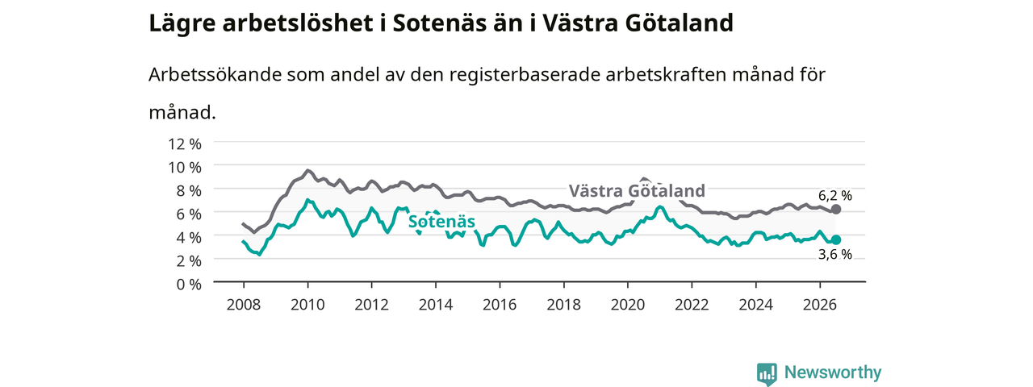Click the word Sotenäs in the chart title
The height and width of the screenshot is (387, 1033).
pyautogui.click(x=439, y=23)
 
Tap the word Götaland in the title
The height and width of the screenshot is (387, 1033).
pyautogui.click(x=679, y=23)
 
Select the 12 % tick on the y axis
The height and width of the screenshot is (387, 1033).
pyautogui.click(x=185, y=144)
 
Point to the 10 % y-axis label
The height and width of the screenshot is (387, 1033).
pyautogui.click(x=185, y=168)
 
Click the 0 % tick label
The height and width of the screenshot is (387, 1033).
pyautogui.click(x=189, y=285)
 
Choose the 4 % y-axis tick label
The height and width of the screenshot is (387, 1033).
pyautogui.click(x=189, y=238)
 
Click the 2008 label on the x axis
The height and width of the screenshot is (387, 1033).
pyautogui.click(x=244, y=305)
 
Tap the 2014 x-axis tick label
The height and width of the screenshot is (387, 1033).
pyautogui.click(x=435, y=305)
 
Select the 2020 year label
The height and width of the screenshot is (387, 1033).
pyautogui.click(x=628, y=305)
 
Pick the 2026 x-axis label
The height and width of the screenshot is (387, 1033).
pyautogui.click(x=819, y=305)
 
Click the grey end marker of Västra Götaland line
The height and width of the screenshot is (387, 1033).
pyautogui.click(x=835, y=209)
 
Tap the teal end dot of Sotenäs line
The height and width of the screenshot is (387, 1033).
pyautogui.click(x=835, y=239)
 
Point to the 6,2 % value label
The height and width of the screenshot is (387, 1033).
pyautogui.click(x=835, y=196)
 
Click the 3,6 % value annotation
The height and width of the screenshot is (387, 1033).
pyautogui.click(x=835, y=254)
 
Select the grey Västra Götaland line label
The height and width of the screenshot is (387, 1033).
pyautogui.click(x=637, y=191)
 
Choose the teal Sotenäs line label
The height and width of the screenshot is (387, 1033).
pyautogui.click(x=441, y=222)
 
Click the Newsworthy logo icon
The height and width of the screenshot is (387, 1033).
pyautogui.click(x=767, y=372)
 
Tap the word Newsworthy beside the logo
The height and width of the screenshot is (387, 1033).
pyautogui.click(x=833, y=372)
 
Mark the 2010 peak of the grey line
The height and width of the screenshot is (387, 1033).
pyautogui.click(x=307, y=170)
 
